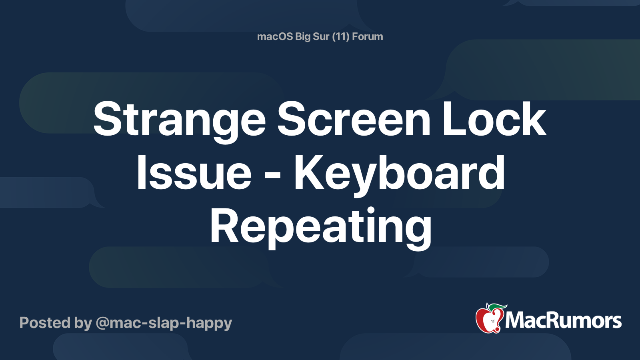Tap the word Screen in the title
pyautogui.click(x=354, y=119)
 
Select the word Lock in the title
pyautogui.click(x=494, y=119)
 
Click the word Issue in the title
pyautogui.click(x=194, y=174)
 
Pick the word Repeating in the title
pyautogui.click(x=320, y=227)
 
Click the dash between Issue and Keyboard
pyautogui.click(x=273, y=176)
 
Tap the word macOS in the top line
pyautogui.click(x=275, y=36)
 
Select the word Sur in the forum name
pyautogui.click(x=321, y=36)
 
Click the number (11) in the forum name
pyautogui.click(x=340, y=36)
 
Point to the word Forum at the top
pyautogui.click(x=367, y=36)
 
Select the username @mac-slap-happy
pyautogui.click(x=164, y=323)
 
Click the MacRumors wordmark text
pyautogui.click(x=563, y=320)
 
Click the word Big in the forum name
pyautogui.click(x=303, y=37)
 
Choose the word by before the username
pyautogui.click(x=83, y=323)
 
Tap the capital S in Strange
pyautogui.click(x=106, y=119)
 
